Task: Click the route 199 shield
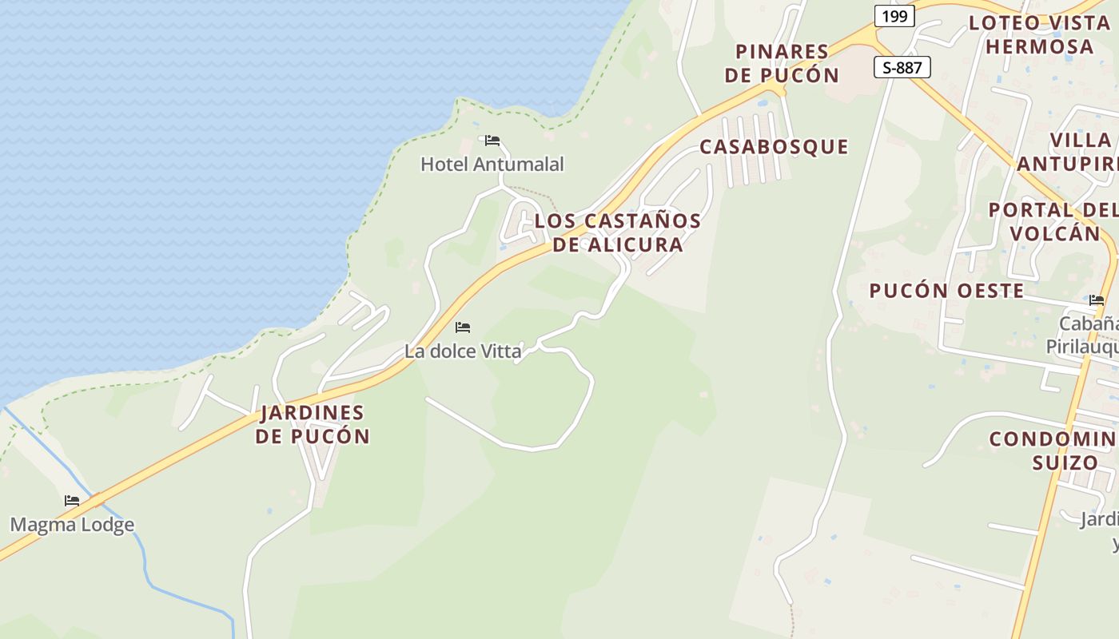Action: (894, 16)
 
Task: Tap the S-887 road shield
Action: (902, 68)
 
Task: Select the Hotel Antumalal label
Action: (492, 165)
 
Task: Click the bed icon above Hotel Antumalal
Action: (492, 141)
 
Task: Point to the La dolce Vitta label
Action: (463, 351)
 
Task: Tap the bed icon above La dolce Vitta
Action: (463, 327)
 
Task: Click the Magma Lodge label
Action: (72, 525)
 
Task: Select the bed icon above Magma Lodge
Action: (72, 501)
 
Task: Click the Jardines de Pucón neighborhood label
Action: (313, 425)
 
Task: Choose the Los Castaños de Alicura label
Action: (618, 232)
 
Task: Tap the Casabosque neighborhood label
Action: (774, 147)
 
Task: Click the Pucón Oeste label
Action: (946, 291)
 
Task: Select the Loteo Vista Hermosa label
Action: (1039, 34)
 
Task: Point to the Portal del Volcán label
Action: (1053, 221)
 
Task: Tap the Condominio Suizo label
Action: (1053, 450)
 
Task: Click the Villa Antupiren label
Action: (1071, 152)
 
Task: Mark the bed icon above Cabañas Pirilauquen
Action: (1097, 300)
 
